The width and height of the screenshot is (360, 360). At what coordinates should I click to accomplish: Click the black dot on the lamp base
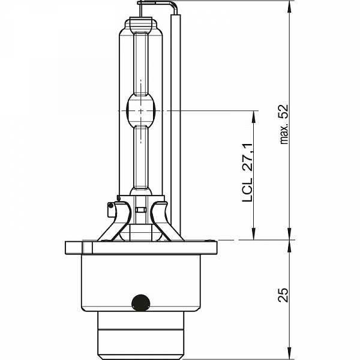click(141, 303)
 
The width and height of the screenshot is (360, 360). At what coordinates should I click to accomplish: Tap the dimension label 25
click(283, 295)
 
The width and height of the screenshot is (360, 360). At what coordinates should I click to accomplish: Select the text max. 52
click(284, 124)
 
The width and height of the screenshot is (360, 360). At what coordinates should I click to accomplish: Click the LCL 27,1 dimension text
click(247, 173)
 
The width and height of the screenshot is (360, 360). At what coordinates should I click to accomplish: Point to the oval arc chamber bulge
click(141, 110)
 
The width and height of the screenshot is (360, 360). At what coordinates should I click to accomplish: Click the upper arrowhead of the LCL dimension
click(253, 116)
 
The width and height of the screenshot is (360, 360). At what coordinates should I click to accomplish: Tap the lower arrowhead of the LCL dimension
click(253, 234)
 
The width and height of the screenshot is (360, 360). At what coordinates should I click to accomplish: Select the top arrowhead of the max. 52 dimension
click(290, 7)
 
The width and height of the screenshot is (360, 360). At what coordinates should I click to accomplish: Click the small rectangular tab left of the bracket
click(110, 209)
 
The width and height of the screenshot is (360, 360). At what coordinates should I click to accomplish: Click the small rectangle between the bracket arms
click(140, 210)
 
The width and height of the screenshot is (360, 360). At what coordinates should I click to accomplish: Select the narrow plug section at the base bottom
click(141, 335)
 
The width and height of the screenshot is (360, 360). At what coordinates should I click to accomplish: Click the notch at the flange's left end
click(87, 247)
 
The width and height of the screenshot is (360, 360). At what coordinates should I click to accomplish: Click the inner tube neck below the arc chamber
click(141, 158)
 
